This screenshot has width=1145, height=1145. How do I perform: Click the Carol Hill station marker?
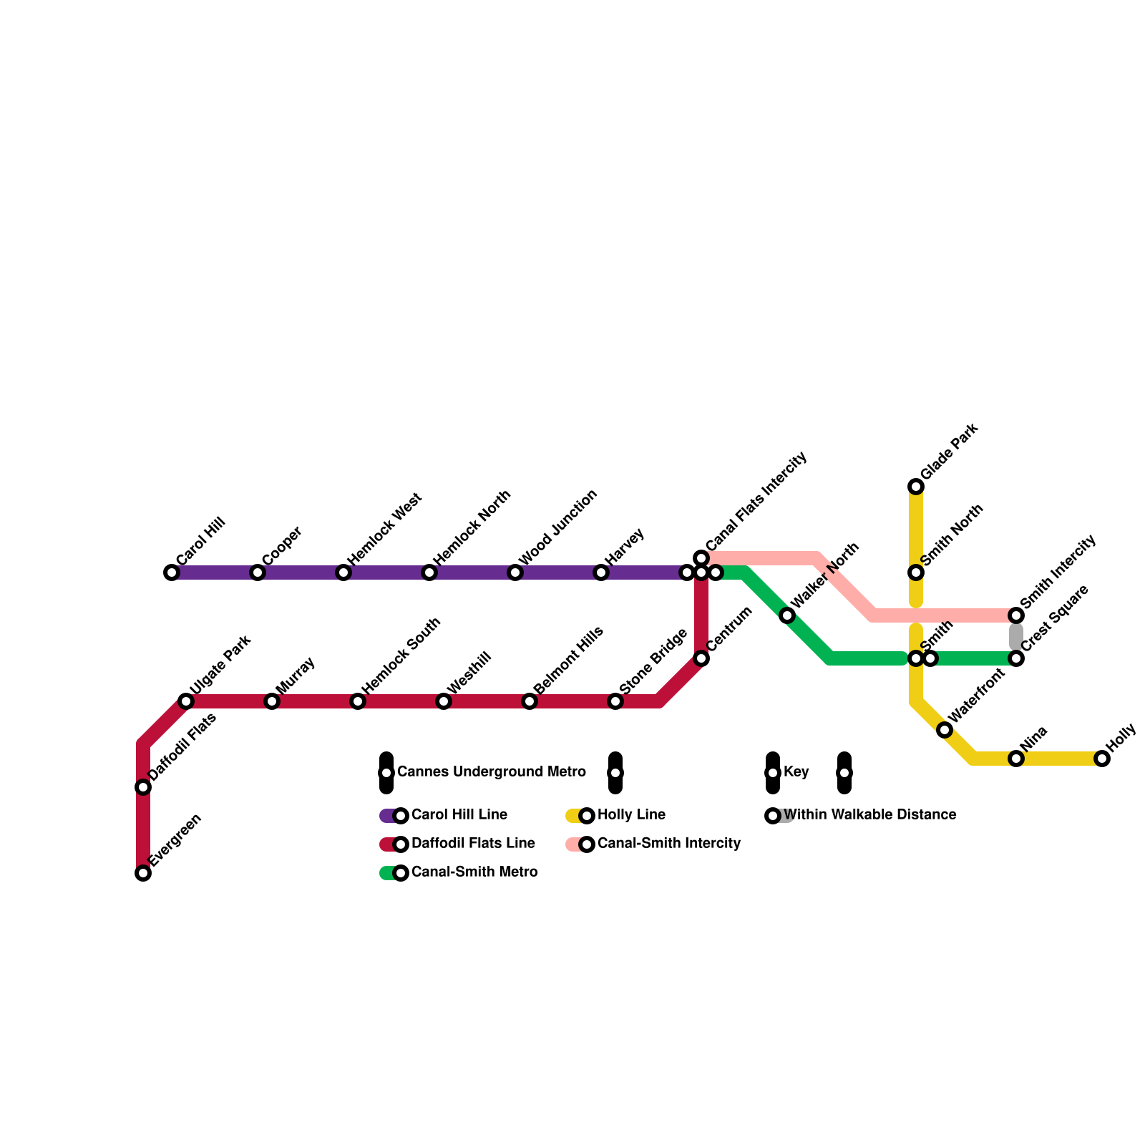(172, 572)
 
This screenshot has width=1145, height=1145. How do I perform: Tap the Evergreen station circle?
(143, 873)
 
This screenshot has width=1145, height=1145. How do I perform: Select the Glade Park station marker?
(916, 487)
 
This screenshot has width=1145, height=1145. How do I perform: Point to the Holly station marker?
(1102, 759)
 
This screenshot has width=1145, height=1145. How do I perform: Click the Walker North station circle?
(787, 615)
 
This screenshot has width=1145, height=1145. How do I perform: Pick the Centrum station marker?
(701, 658)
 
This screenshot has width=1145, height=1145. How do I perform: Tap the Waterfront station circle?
(945, 730)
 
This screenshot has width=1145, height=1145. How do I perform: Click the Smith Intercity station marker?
(1016, 615)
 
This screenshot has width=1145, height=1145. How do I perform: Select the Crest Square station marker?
(1016, 658)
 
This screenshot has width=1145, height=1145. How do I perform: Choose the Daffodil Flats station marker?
(143, 787)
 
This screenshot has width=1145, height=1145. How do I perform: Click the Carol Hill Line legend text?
(459, 815)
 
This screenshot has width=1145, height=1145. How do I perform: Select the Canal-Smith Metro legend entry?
(474, 872)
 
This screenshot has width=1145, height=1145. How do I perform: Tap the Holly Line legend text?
(631, 815)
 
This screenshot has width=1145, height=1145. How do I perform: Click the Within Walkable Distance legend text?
(869, 815)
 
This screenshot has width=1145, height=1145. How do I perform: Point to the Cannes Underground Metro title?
(491, 772)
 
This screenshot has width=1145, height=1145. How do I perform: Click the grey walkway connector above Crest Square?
(1016, 636)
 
